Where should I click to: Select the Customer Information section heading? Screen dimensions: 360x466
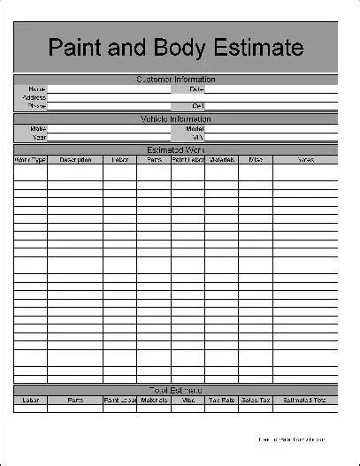point(175,80)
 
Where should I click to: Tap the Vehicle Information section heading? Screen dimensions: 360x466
point(175,118)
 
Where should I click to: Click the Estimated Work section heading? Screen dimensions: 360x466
point(175,149)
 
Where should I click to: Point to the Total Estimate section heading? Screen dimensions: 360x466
point(175,390)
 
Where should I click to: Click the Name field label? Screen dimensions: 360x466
point(37,89)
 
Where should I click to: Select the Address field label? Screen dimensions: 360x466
point(34,97)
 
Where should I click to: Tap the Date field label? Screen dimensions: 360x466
point(196,89)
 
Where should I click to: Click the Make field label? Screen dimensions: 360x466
point(37,128)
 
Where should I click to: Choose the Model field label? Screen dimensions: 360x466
point(195,128)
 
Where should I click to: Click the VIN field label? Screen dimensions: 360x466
point(198,136)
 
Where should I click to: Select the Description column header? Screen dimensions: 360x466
point(75,160)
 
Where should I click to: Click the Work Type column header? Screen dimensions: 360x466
point(30,160)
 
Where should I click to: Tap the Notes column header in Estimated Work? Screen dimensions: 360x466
point(305,160)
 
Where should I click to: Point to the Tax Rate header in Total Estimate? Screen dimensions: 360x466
point(223,400)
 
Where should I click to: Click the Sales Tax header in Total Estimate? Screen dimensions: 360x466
point(256,400)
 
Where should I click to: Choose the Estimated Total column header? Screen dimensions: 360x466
point(305,400)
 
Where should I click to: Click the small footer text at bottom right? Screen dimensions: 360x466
point(292,439)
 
